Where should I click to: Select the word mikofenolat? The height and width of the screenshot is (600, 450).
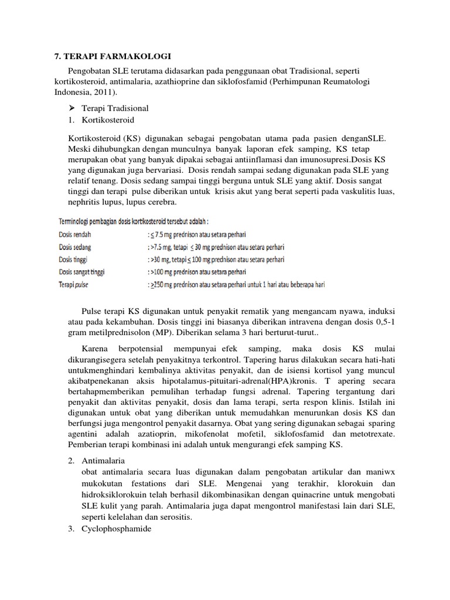220,434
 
